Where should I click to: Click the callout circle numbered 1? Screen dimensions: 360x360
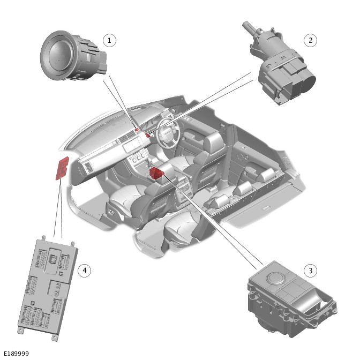pos(109,40)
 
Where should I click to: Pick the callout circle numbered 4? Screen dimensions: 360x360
pos(83,270)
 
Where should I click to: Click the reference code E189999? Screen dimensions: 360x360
pos(16,354)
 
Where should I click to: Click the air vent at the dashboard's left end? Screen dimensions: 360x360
pos(87,167)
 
